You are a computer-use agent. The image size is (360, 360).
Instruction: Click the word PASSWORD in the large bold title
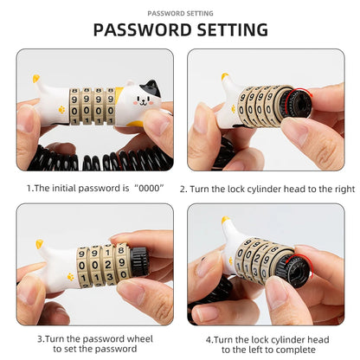click(x=143, y=29)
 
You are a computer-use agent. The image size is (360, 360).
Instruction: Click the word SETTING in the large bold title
click(x=233, y=29)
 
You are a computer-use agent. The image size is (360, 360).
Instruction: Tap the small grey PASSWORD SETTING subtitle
click(x=180, y=13)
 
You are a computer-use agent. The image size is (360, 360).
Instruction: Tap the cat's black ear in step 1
click(x=151, y=87)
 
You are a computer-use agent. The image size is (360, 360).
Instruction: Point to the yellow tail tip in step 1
click(x=36, y=78)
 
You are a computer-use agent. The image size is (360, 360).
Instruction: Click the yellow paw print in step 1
click(x=61, y=110)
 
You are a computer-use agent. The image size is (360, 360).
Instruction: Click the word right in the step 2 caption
click(x=344, y=190)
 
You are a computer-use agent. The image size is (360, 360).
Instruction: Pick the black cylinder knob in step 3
click(x=139, y=261)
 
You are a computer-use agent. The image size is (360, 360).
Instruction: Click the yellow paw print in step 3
click(x=70, y=277)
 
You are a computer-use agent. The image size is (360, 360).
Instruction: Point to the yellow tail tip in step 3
click(x=40, y=244)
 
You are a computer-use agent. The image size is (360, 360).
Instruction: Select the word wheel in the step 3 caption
click(x=140, y=338)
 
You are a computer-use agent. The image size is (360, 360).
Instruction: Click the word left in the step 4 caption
click(x=258, y=350)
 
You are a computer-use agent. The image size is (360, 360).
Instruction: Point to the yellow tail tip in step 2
click(x=225, y=76)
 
